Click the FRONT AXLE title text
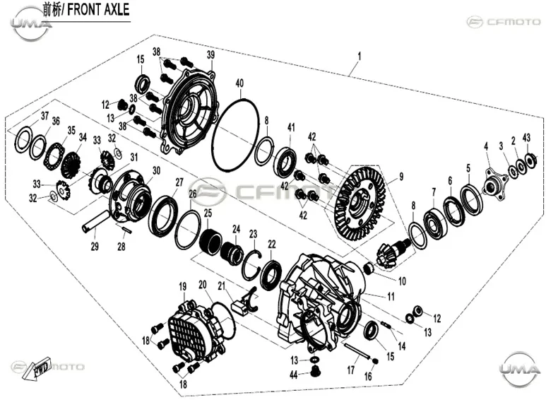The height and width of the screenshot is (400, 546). [x=98, y=10]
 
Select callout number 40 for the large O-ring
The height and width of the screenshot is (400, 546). [x=239, y=83]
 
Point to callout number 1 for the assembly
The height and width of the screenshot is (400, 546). [x=360, y=56]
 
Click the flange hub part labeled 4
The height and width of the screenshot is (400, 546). [x=494, y=184]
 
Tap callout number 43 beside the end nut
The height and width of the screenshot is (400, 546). [x=526, y=138]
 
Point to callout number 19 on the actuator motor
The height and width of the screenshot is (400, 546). [x=183, y=286]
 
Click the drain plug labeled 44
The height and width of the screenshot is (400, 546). [x=316, y=372]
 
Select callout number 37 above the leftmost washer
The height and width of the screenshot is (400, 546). [x=44, y=115]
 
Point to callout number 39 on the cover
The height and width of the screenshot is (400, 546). [x=210, y=54]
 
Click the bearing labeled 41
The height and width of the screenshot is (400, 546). [x=287, y=160]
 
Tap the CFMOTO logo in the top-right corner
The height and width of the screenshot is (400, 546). [x=504, y=22]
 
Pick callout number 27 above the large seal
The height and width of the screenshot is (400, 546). [x=179, y=182]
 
